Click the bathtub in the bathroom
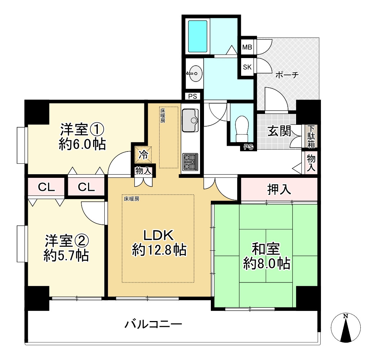(198, 36)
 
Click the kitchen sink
(190, 120)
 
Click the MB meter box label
(247, 47)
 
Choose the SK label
(247, 67)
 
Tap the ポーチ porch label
(287, 75)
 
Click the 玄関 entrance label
(279, 131)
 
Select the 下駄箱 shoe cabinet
(311, 136)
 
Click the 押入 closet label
(279, 189)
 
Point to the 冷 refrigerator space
(143, 155)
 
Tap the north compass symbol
(346, 328)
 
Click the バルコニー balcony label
(153, 324)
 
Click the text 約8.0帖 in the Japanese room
(266, 264)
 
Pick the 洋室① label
(82, 129)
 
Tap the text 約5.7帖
(66, 255)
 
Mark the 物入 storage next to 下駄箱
(311, 163)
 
